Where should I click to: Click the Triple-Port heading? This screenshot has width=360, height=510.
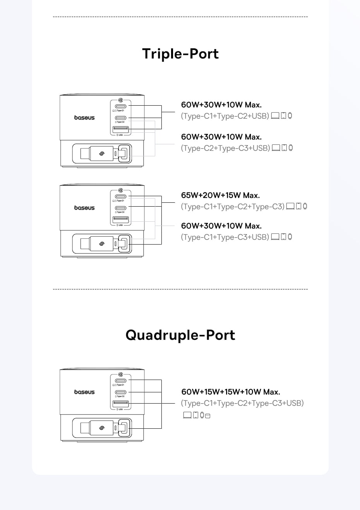pyautogui.click(x=180, y=54)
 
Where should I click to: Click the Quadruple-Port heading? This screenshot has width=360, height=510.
pyautogui.click(x=180, y=335)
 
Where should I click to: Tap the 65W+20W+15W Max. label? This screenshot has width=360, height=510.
pyautogui.click(x=220, y=195)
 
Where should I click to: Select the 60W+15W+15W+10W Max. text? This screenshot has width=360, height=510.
pyautogui.click(x=230, y=392)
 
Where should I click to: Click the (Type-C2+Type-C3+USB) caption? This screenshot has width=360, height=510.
pyautogui.click(x=225, y=148)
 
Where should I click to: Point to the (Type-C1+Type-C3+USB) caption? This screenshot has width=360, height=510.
pyautogui.click(x=225, y=237)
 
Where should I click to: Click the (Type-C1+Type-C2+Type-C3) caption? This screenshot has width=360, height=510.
pyautogui.click(x=233, y=207)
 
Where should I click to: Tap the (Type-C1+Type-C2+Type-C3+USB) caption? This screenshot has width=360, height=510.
pyautogui.click(x=242, y=403)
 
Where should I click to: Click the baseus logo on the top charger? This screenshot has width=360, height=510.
pyautogui.click(x=84, y=118)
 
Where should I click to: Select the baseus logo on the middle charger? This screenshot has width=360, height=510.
pyautogui.click(x=84, y=208)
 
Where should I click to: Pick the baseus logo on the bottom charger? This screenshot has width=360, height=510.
pyautogui.click(x=84, y=392)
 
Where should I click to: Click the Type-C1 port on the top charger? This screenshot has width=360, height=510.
pyautogui.click(x=121, y=106)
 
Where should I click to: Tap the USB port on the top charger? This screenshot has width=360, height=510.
pyautogui.click(x=121, y=129)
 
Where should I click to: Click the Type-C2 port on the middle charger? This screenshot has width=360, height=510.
pyautogui.click(x=121, y=208)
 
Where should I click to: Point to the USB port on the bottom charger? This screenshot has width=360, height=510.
pyautogui.click(x=121, y=404)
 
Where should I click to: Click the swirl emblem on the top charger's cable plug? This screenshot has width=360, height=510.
pyautogui.click(x=102, y=154)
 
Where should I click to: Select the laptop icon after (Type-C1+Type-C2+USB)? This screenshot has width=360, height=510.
pyautogui.click(x=275, y=115)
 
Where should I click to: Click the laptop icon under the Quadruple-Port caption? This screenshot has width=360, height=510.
pyautogui.click(x=187, y=415)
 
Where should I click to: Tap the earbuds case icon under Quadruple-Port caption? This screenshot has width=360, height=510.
pyautogui.click(x=207, y=416)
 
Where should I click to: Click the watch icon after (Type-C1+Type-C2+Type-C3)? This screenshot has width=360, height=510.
pyautogui.click(x=305, y=206)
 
